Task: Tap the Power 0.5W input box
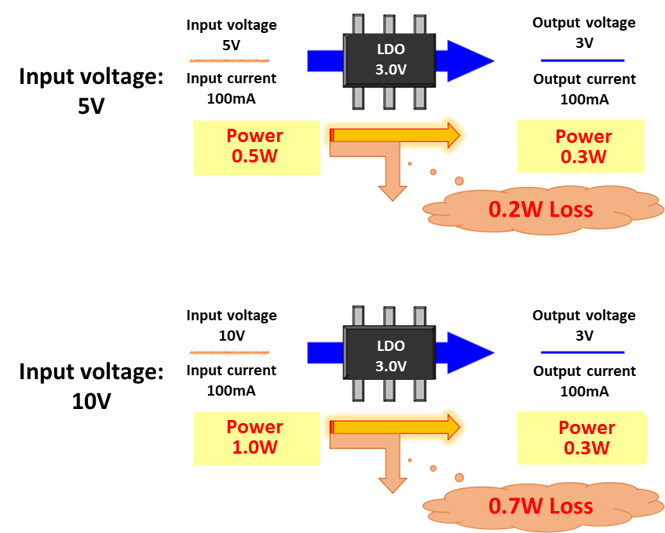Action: click(x=256, y=146)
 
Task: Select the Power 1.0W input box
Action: click(x=256, y=437)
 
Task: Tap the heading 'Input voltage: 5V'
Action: click(x=91, y=91)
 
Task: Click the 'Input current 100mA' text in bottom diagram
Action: click(x=231, y=380)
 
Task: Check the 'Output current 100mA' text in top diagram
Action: click(x=584, y=89)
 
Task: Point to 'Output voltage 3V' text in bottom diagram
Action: click(x=584, y=324)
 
